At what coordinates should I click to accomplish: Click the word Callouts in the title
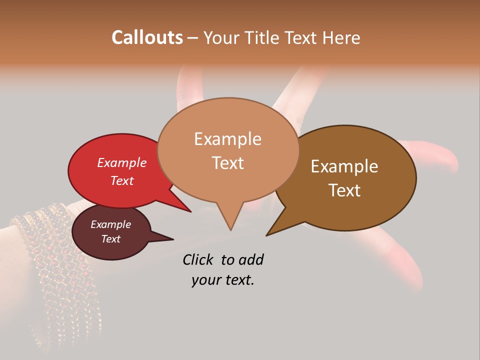click(x=147, y=37)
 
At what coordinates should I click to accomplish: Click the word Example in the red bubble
click(x=121, y=162)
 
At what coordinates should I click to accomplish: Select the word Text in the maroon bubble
click(x=111, y=239)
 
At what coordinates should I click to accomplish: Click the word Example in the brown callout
click(x=344, y=166)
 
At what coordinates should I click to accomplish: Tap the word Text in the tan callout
click(x=227, y=162)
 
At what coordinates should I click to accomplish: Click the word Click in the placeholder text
click(x=199, y=259)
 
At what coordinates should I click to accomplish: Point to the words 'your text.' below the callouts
click(x=223, y=280)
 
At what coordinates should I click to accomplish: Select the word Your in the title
click(x=221, y=37)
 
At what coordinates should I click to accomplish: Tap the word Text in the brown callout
click(x=344, y=190)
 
